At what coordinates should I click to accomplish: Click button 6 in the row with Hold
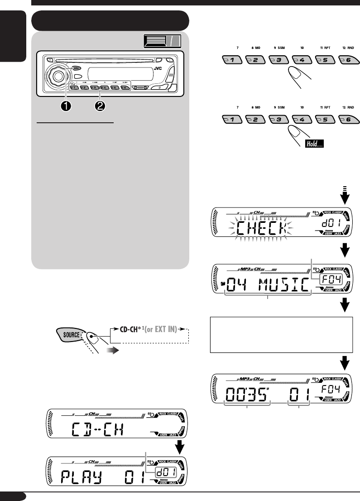coord(350,120)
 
